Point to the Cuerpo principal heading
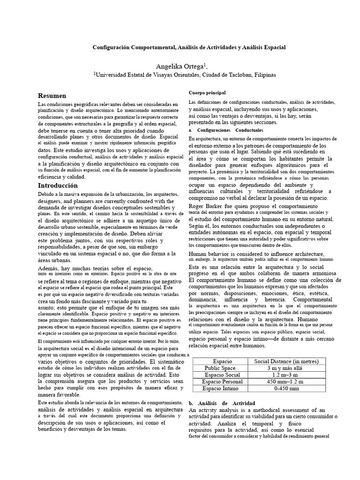click(x=207, y=93)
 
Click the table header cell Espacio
click(x=222, y=361)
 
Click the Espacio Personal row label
click(x=222, y=382)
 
